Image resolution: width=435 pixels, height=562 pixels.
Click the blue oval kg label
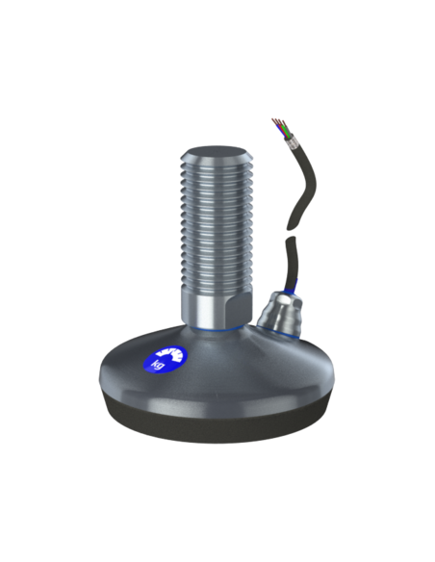tap(165, 359)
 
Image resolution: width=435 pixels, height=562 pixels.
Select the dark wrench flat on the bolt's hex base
tap(239, 306)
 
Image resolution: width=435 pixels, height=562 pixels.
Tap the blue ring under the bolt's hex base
tap(217, 327)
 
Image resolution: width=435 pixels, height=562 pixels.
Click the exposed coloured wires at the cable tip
tap(280, 128)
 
